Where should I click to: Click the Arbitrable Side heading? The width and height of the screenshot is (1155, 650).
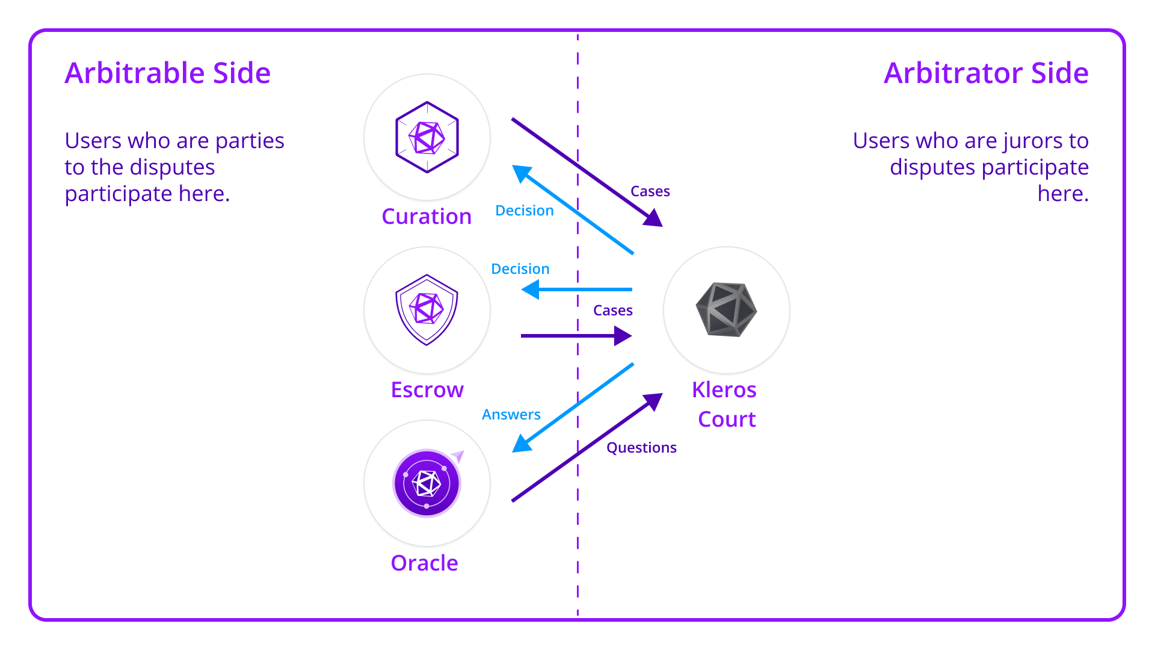167,73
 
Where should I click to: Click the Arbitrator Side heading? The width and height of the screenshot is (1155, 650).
986,73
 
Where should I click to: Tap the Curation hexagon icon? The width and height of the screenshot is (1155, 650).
427,137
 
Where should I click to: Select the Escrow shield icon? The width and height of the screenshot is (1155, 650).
427,310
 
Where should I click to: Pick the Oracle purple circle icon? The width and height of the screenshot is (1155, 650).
427,483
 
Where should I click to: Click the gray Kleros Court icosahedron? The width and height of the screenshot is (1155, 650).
726,309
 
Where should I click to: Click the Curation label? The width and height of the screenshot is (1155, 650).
427,217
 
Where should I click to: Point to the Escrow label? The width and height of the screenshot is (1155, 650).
427,390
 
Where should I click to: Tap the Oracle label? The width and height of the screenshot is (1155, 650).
425,563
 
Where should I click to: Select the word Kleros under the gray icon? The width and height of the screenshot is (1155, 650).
724,390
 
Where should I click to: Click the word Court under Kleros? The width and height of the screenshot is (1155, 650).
727,419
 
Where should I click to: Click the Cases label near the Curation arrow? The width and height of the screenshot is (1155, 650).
650,191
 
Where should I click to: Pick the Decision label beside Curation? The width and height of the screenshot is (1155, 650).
525,211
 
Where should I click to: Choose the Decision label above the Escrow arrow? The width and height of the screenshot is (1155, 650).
520,269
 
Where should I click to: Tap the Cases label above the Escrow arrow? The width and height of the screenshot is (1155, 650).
613,311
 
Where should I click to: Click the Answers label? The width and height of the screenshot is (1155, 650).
511,415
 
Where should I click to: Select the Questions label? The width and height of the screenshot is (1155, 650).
641,448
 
